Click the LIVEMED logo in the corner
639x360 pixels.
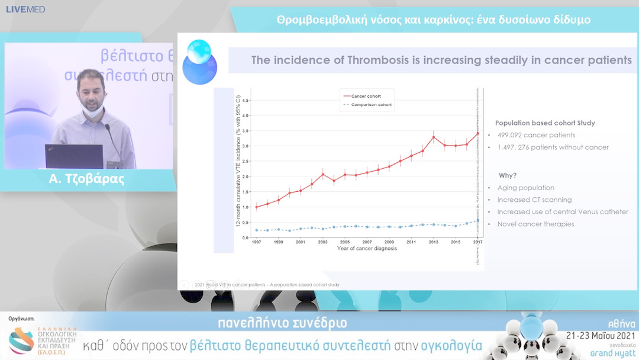coord(25,9)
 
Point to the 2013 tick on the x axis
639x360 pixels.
coord(434,242)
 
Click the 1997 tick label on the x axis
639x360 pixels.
coord(256,242)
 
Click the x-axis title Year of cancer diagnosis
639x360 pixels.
coord(367,249)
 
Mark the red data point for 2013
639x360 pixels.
coord(434,137)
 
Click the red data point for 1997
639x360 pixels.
coord(256,207)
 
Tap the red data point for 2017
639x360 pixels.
coord(478,133)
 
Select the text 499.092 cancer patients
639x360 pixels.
coord(536,135)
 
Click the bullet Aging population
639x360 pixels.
coord(525,188)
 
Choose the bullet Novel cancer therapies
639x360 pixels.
coord(535,224)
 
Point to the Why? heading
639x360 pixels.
coord(507,175)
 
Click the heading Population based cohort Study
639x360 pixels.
coord(545,123)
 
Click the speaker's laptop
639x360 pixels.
coord(74,156)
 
